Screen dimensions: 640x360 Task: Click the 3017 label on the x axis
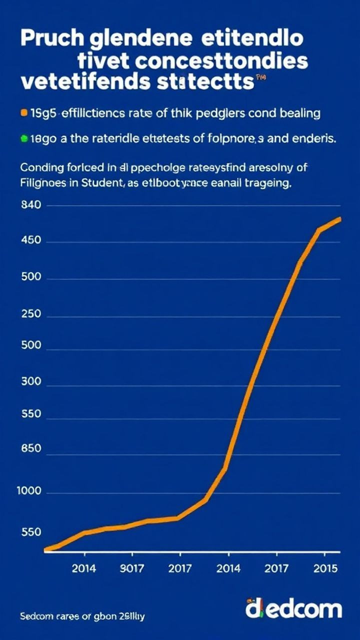[132, 568]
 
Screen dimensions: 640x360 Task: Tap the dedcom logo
[293, 609]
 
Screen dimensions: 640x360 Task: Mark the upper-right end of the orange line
[339, 219]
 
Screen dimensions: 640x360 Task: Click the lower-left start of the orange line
[46, 549]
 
